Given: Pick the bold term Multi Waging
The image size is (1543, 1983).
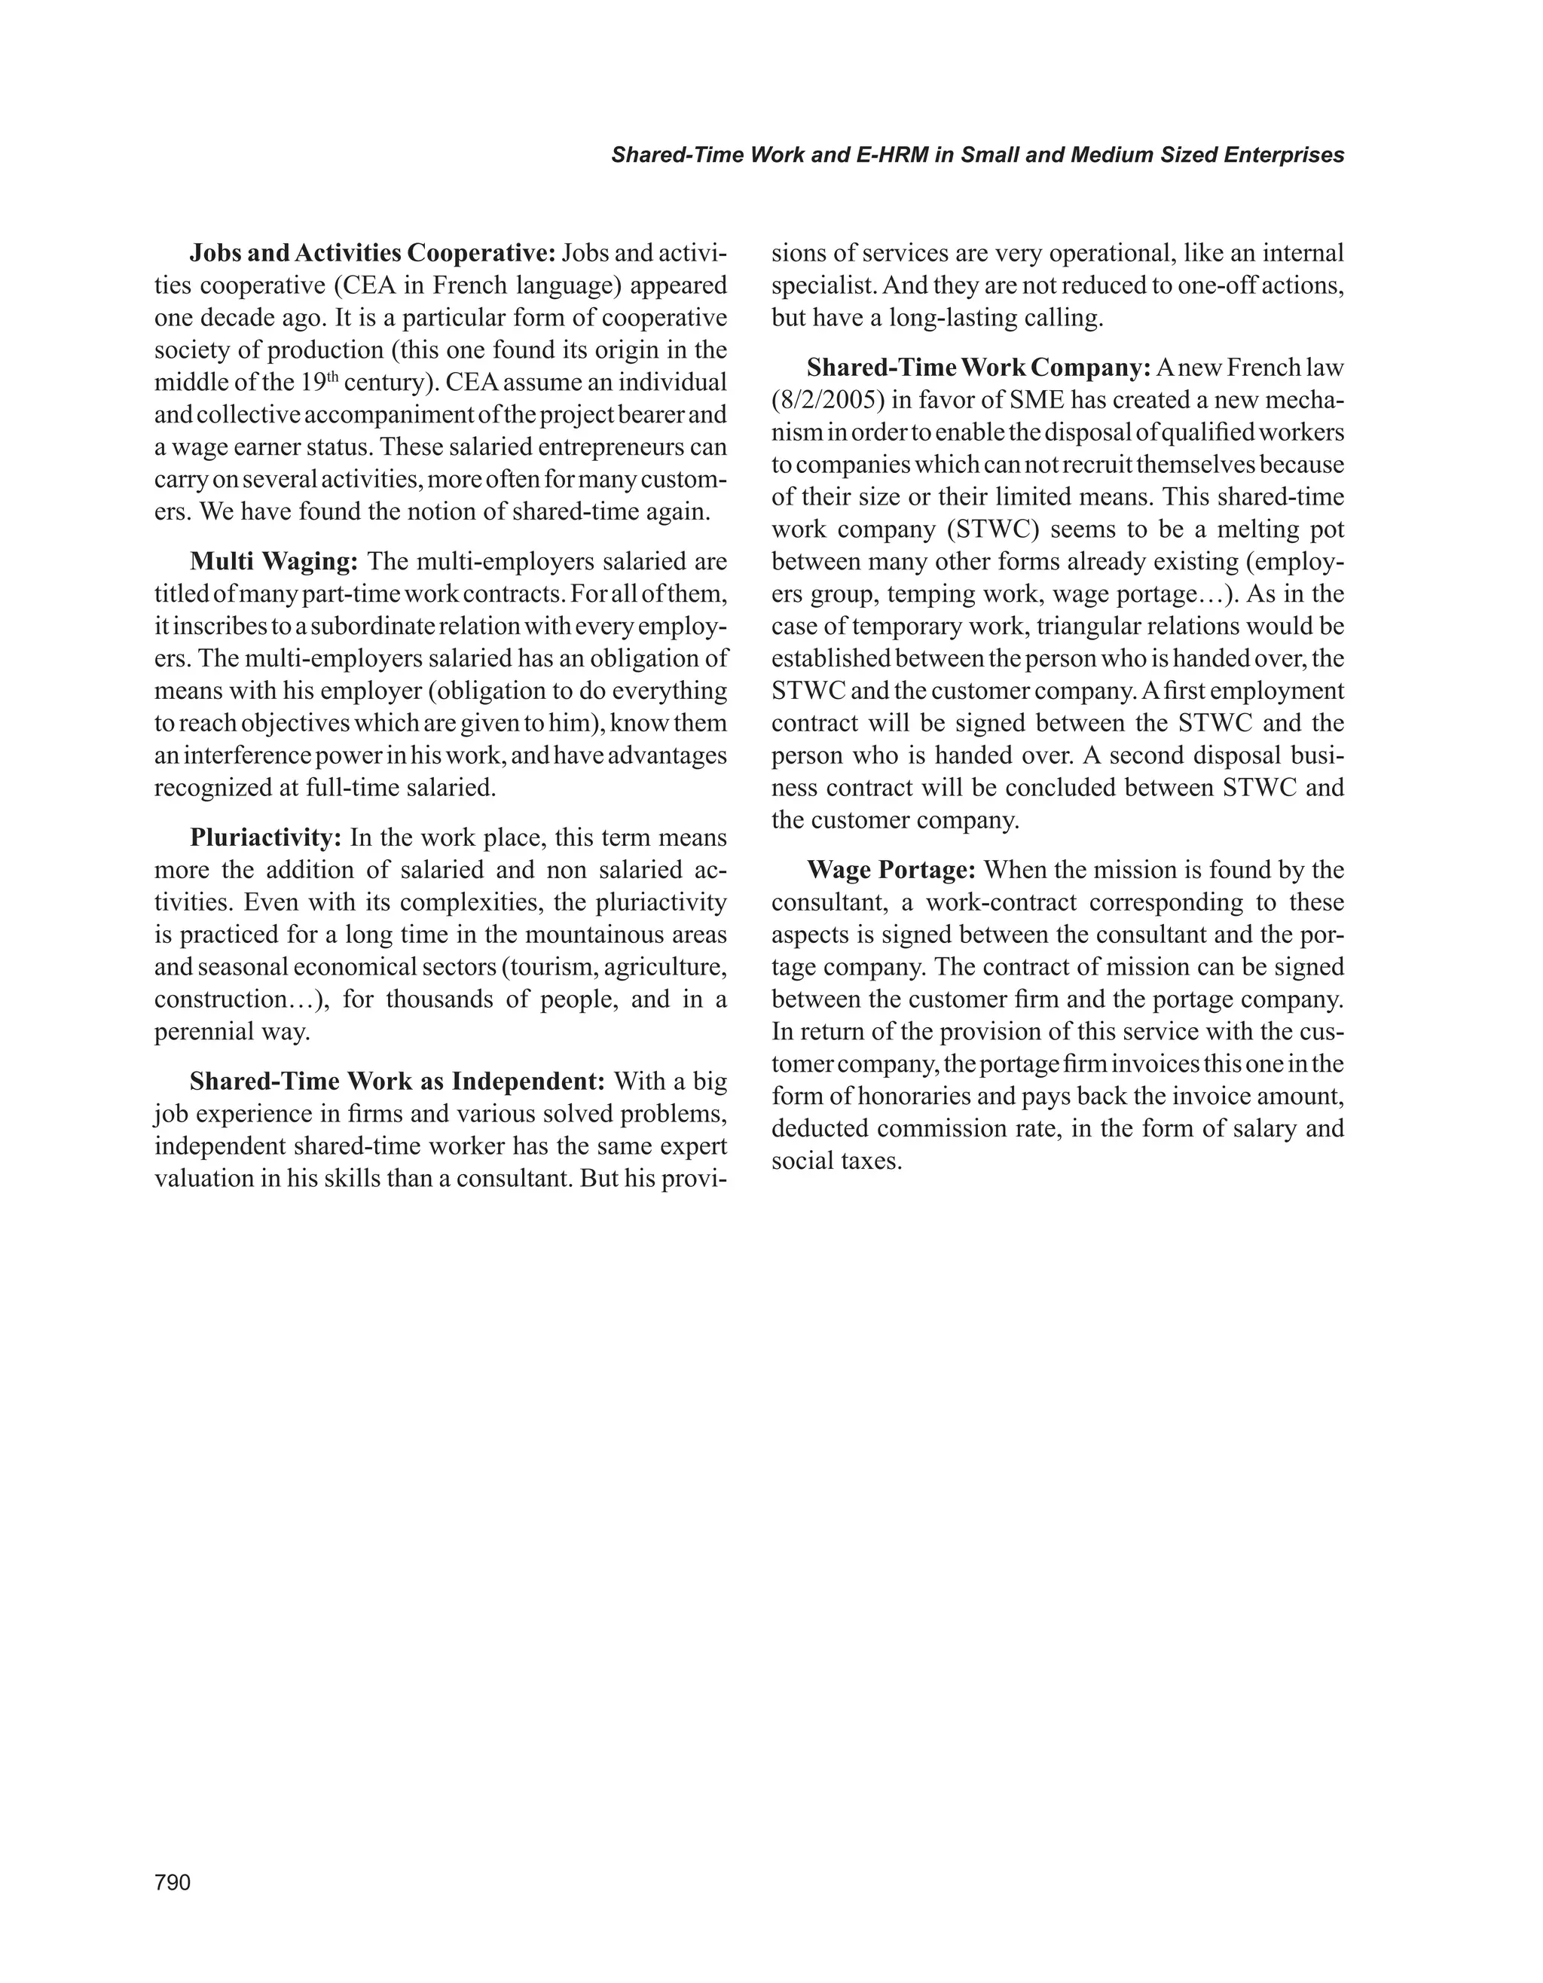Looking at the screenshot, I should (274, 561).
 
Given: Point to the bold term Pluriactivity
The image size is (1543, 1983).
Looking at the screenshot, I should (265, 837).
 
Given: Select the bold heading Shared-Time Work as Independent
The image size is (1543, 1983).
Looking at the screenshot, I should (397, 1081).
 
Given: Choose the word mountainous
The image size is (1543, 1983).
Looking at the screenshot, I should (605, 935).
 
